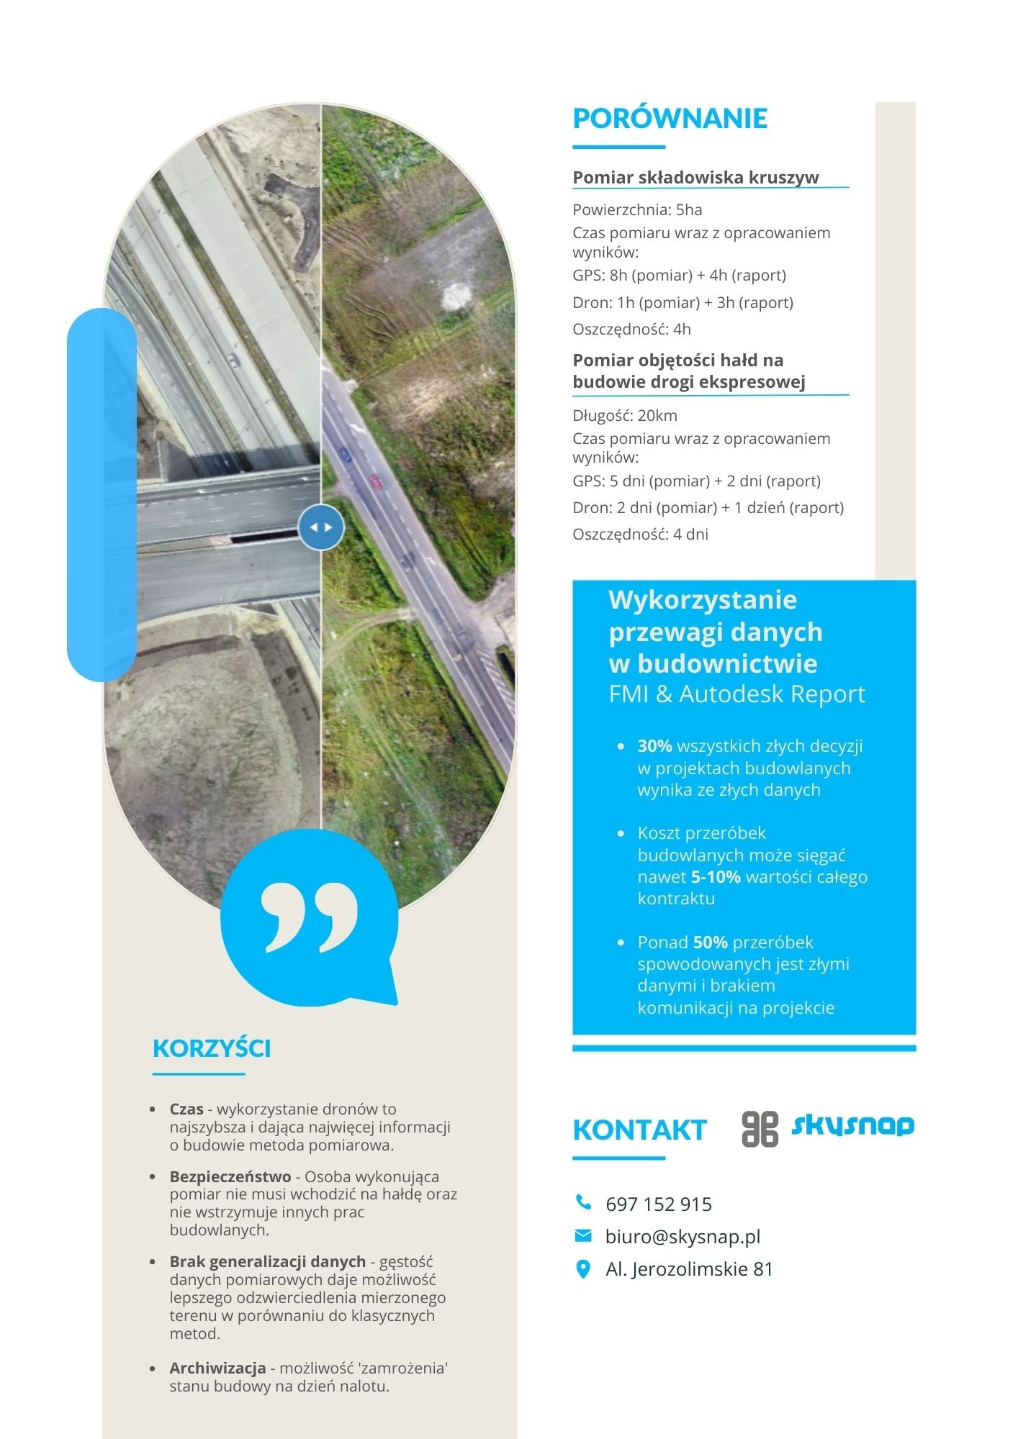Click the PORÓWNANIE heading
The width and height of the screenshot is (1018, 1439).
tap(670, 119)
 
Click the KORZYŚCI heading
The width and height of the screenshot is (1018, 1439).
tap(212, 1048)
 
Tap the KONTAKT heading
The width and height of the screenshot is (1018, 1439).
tap(639, 1130)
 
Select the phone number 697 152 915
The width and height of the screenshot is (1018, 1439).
tap(659, 1204)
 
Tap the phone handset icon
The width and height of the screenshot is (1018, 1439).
tap(583, 1202)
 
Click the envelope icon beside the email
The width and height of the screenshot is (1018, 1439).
tap(583, 1235)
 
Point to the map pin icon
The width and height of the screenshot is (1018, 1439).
tap(583, 1269)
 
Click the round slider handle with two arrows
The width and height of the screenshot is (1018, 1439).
tap(321, 527)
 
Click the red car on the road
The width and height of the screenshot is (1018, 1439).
tap(376, 481)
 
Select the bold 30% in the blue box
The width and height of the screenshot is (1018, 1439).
tap(654, 746)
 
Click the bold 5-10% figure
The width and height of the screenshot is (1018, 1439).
tap(716, 877)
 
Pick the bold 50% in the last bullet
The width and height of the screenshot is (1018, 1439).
tap(710, 943)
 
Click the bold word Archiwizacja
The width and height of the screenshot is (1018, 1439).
tap(217, 1368)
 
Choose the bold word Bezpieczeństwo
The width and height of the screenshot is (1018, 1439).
tap(230, 1176)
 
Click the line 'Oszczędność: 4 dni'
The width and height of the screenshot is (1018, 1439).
tap(640, 535)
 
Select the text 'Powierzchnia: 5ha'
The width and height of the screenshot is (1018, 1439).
tap(637, 210)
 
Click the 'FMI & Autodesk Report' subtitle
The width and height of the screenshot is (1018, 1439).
tap(737, 694)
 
